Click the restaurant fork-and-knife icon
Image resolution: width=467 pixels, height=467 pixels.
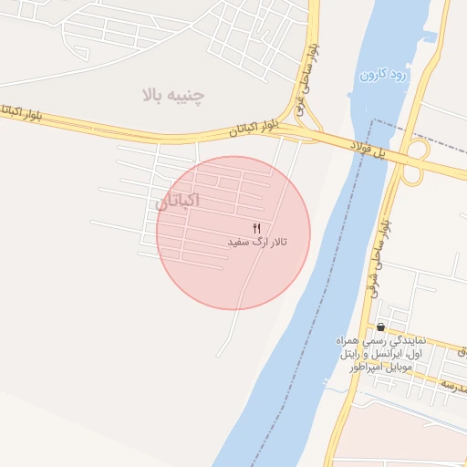click(256, 227)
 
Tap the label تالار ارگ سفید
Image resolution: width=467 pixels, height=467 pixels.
click(256, 243)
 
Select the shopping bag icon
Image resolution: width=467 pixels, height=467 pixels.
click(380, 327)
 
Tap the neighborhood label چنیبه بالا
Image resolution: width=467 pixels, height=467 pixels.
click(173, 94)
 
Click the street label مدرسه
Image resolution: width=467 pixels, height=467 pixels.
click(454, 387)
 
